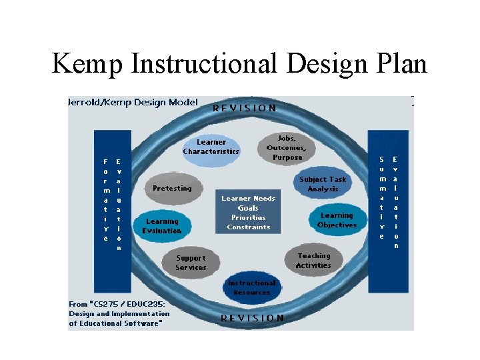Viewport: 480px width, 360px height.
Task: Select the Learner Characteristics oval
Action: point(211,147)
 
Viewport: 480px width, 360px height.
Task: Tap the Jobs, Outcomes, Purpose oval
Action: point(286,147)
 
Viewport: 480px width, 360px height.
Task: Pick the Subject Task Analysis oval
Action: point(323,184)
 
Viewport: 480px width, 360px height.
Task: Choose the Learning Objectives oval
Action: point(337,220)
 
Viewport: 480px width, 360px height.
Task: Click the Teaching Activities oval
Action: point(314,261)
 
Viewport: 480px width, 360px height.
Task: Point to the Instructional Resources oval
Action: point(252,287)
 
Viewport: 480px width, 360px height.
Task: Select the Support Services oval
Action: point(191,263)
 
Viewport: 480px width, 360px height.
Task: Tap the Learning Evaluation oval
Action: point(161,226)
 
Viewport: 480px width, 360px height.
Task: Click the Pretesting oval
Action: point(172,188)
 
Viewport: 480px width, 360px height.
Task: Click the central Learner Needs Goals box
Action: point(248,213)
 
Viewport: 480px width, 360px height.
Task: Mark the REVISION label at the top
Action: point(245,107)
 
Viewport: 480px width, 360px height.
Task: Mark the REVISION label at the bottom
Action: point(252,318)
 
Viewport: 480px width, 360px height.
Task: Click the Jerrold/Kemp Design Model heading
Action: point(133,102)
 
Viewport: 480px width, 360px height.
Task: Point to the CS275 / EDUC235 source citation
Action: point(119,313)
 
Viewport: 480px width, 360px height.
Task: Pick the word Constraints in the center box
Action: point(248,227)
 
